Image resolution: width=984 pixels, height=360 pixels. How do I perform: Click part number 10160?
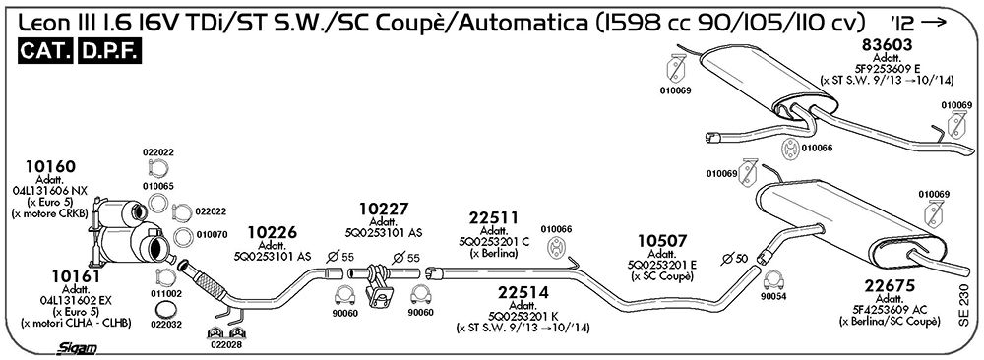[x=50, y=167]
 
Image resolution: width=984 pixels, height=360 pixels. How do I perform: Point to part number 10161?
[x=77, y=276]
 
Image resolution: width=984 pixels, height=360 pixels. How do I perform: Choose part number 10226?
[x=273, y=233]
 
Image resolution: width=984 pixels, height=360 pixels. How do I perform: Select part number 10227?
[x=384, y=209]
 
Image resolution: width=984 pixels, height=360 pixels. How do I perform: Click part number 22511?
[x=493, y=218]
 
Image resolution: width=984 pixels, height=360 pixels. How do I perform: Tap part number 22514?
[x=523, y=293]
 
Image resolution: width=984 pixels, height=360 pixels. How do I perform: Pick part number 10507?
[x=662, y=241]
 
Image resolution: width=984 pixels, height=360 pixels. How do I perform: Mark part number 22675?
[x=890, y=286]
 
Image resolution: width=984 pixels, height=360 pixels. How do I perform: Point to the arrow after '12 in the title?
[x=934, y=24]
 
